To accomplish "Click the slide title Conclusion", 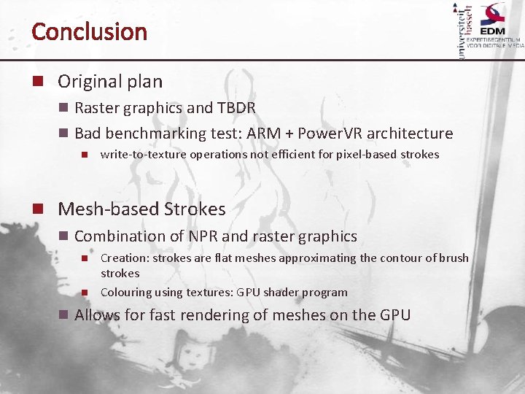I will tap(89, 31).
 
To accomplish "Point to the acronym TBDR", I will tap(236, 108).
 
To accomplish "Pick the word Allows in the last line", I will tap(97, 315).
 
